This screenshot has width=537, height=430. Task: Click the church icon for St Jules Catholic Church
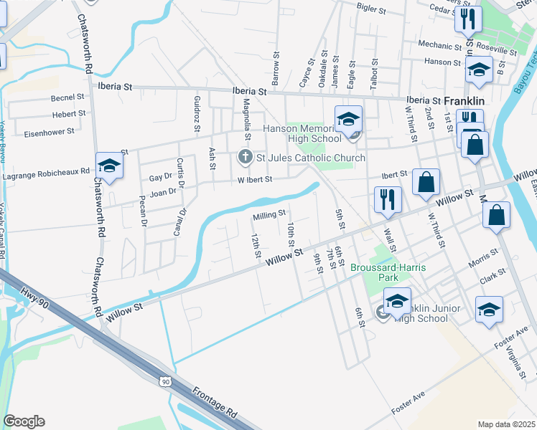(244, 158)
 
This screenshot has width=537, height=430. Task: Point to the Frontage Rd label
(215, 403)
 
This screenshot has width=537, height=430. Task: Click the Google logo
(24, 421)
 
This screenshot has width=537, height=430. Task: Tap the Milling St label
(269, 214)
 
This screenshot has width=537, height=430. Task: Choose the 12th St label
(256, 244)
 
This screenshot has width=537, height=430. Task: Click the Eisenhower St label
(50, 132)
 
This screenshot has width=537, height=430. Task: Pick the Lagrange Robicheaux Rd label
(46, 173)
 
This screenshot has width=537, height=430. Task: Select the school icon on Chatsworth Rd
(109, 166)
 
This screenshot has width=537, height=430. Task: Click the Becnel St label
(68, 97)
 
